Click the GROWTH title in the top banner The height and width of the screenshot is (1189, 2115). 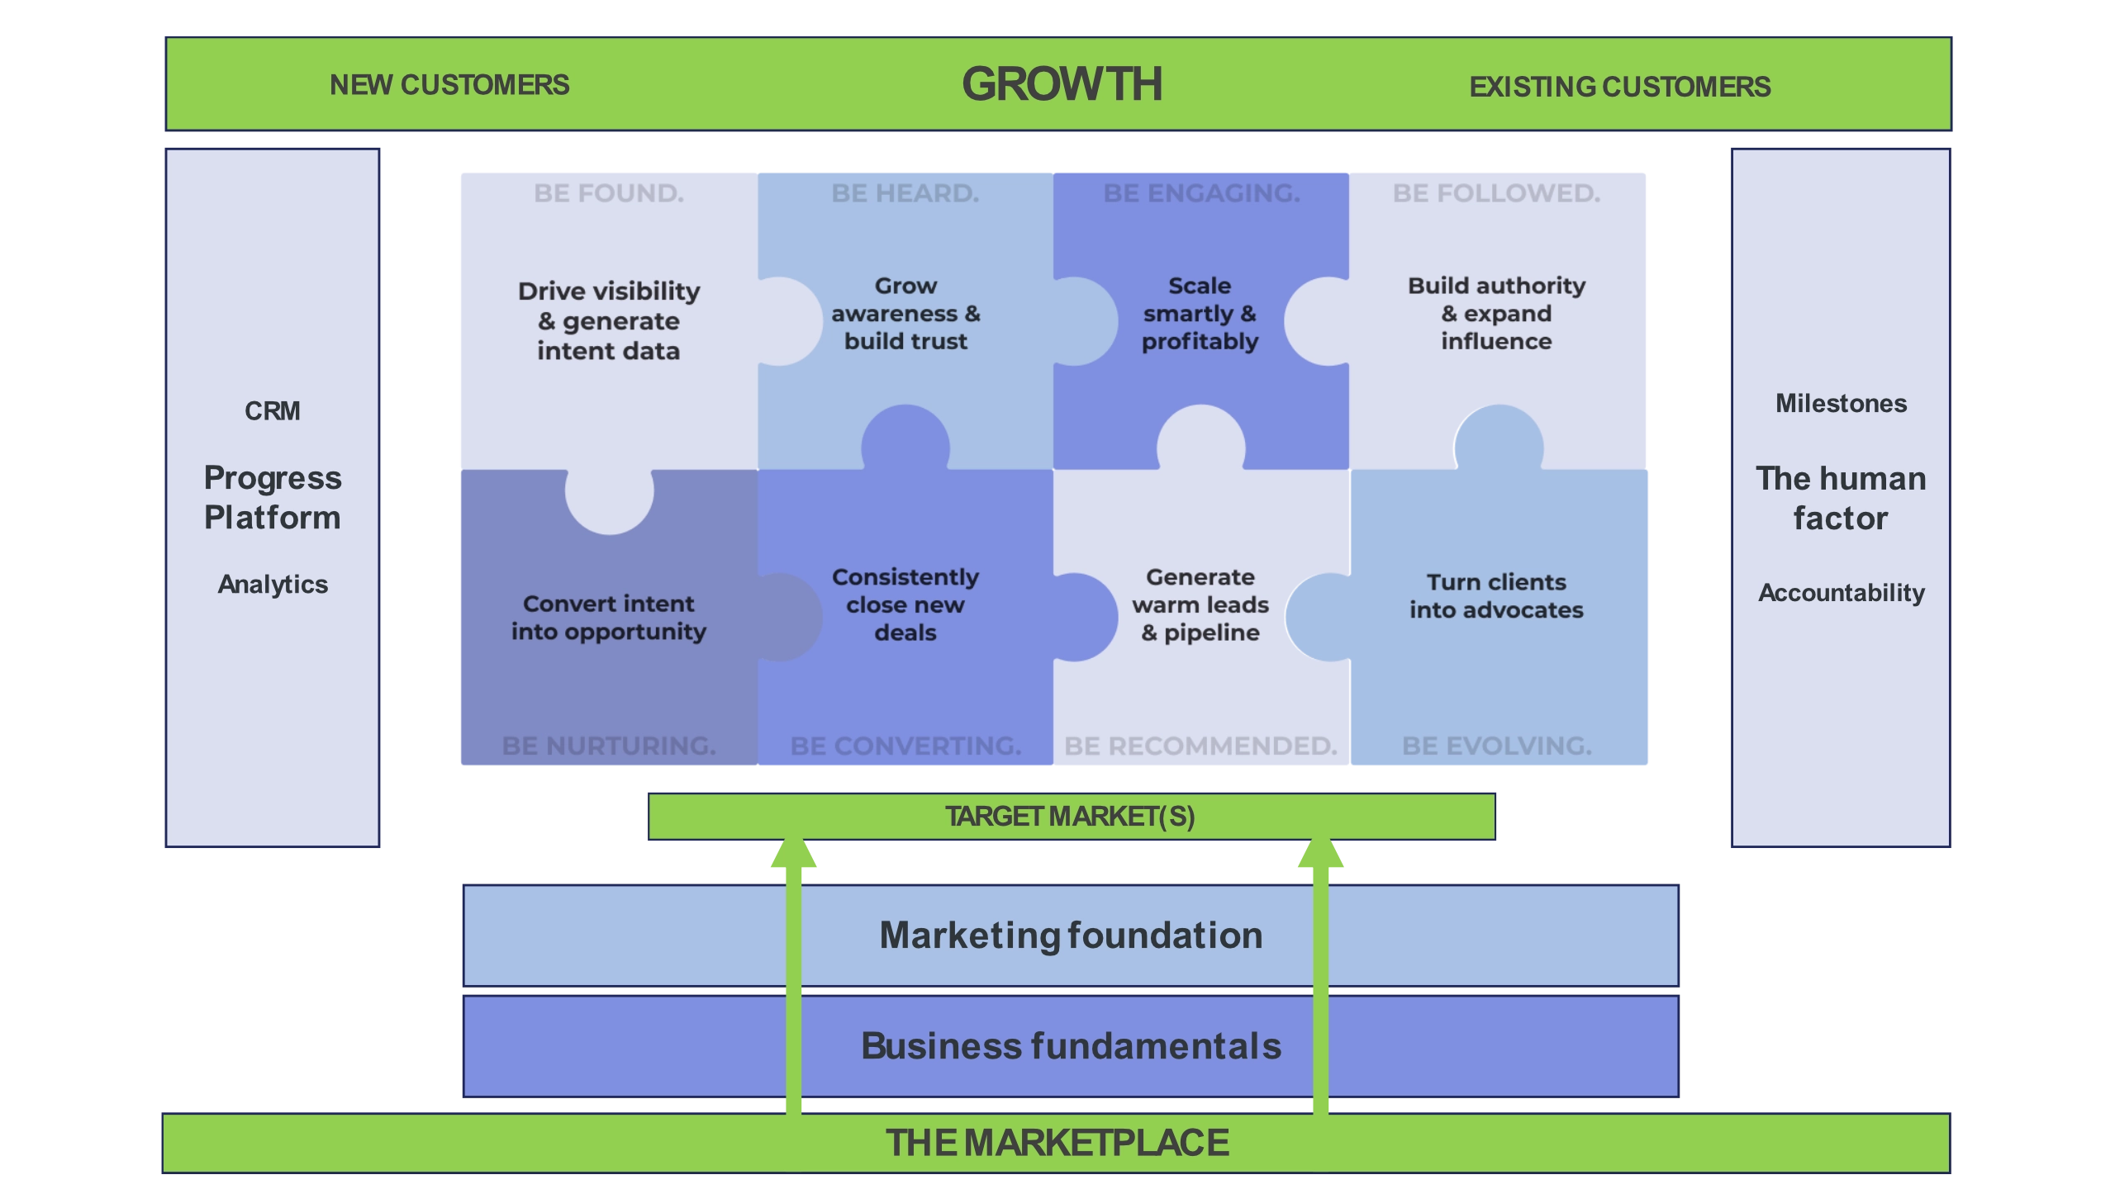[1062, 84]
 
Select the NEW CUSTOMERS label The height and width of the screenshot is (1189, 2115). [449, 85]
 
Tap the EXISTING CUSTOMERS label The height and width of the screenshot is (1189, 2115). [1619, 87]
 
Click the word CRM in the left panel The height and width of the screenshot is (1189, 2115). [272, 410]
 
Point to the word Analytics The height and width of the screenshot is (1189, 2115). [273, 585]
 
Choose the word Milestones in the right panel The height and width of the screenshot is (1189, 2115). [1841, 404]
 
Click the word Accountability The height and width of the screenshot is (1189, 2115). [1841, 593]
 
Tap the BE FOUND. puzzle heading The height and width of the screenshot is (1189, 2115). [609, 193]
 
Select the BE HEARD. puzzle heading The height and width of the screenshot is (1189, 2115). [905, 193]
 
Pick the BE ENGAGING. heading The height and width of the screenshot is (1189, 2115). [1201, 193]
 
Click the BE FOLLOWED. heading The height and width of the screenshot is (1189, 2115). [1496, 193]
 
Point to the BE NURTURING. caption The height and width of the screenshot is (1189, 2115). [609, 746]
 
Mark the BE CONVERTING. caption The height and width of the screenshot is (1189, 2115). [905, 746]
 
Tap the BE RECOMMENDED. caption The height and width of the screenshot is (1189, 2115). [1200, 746]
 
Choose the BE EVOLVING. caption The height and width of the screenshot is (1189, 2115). [1496, 746]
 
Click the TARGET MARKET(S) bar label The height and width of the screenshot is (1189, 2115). [1070, 817]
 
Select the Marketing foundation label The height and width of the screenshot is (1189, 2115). [1071, 936]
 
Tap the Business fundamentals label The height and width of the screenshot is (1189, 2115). [1071, 1046]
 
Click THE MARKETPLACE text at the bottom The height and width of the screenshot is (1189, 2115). [1057, 1144]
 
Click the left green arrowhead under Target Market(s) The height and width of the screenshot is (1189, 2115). [793, 855]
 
